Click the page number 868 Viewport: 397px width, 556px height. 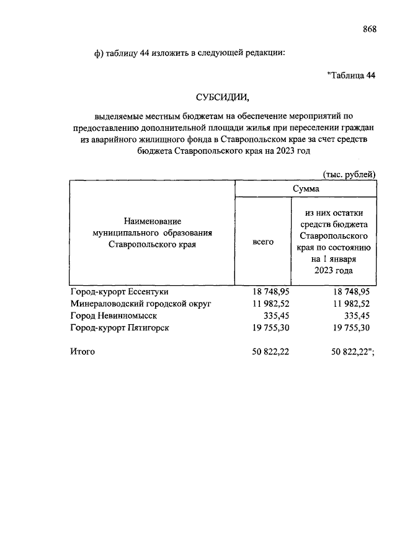369,29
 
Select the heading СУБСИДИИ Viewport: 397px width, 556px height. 222,97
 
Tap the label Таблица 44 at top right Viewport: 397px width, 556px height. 351,76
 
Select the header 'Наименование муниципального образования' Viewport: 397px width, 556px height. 152,232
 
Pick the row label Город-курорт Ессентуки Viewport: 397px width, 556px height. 119,291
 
